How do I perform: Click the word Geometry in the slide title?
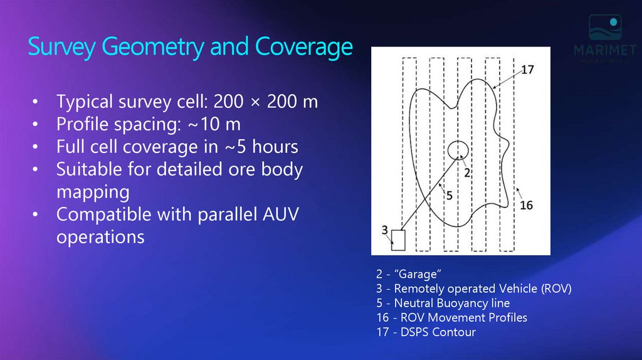click(x=154, y=48)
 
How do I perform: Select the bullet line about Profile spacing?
click(x=149, y=124)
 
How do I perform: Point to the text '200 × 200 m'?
click(x=266, y=102)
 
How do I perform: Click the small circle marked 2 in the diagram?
click(x=458, y=149)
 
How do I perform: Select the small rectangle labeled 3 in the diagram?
click(x=398, y=240)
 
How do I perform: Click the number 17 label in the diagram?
click(x=527, y=70)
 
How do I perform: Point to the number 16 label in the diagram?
click(x=527, y=205)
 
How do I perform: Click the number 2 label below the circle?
click(x=467, y=171)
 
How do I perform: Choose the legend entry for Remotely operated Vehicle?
click(x=473, y=289)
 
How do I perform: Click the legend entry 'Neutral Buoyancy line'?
click(x=443, y=304)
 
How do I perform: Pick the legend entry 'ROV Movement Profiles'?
click(x=451, y=318)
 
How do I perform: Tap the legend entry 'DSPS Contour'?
click(x=426, y=332)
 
